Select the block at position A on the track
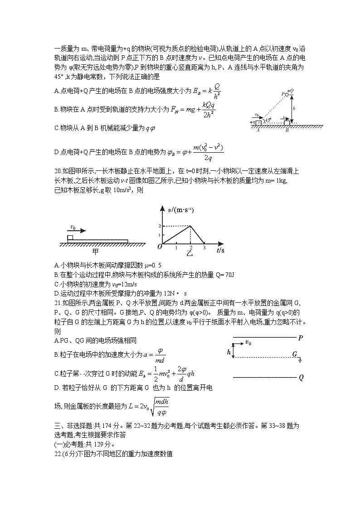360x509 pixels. click(258, 122)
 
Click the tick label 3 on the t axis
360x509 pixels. click(204, 247)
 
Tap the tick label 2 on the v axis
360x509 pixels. click(159, 226)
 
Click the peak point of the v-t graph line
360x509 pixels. click(190, 226)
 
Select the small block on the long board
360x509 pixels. click(70, 238)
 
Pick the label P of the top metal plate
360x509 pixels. click(301, 337)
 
